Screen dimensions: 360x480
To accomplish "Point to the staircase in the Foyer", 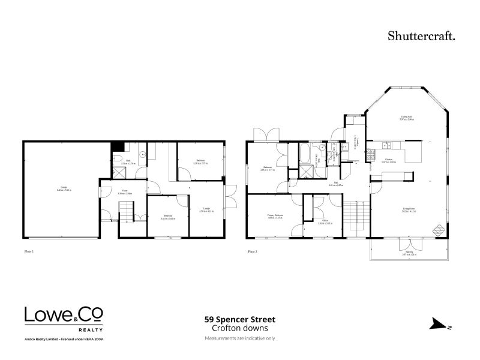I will tap(125, 211).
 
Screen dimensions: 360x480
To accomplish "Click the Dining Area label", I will tap(406, 118).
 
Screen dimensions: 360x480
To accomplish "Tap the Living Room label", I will tap(410, 210).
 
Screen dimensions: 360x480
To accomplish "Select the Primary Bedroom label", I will tap(275, 217).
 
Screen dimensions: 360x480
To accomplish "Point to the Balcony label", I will tap(410, 254).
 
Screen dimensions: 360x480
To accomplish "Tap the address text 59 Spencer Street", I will tap(239, 320).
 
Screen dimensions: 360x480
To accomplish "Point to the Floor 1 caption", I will tap(28, 251).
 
